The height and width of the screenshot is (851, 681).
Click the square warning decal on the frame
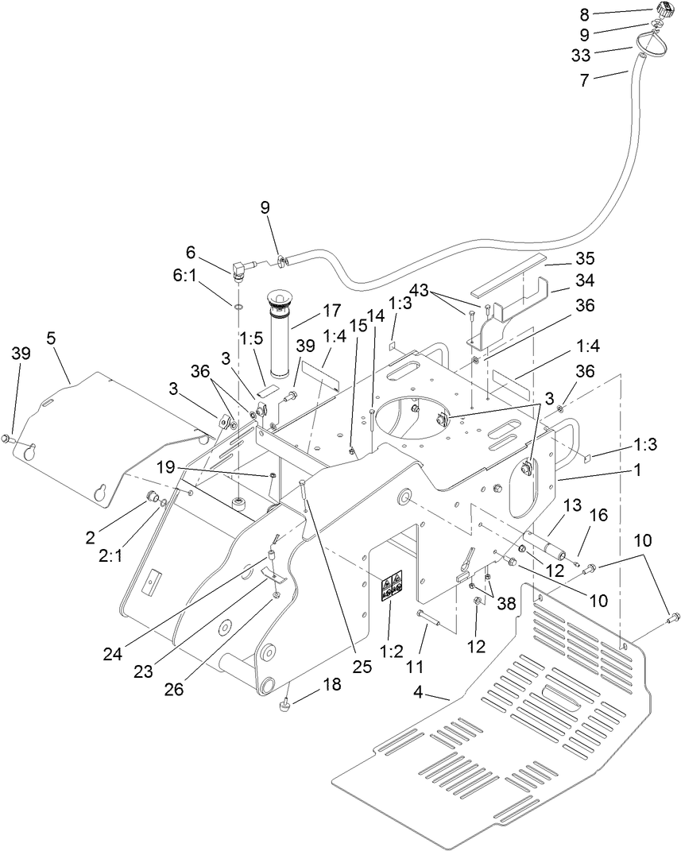click(391, 586)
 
